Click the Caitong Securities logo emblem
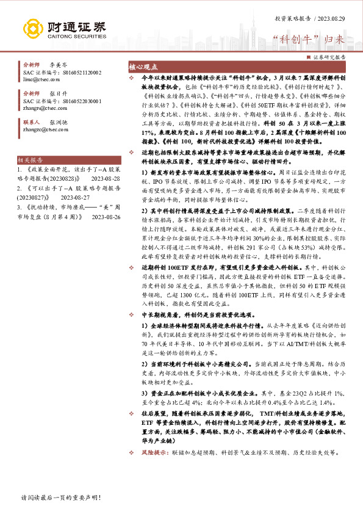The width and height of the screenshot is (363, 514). (x=34, y=27)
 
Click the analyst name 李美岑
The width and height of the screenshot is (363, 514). (x=59, y=64)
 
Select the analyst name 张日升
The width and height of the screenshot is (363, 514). (x=59, y=93)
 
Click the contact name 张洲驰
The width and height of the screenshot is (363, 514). (x=59, y=121)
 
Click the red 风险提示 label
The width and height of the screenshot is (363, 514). (x=153, y=452)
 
